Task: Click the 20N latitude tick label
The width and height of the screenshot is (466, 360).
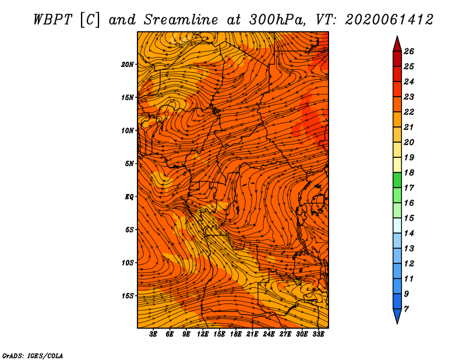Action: point(128,65)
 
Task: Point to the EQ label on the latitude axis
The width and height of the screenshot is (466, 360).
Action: point(129,197)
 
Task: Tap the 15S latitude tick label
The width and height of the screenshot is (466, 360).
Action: point(128,296)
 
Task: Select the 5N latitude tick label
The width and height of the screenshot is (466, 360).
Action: point(129,164)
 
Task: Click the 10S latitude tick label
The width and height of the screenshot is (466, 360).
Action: point(128,263)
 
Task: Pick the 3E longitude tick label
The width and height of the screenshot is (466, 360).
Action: point(153,334)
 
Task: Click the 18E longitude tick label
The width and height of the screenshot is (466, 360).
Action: point(236,334)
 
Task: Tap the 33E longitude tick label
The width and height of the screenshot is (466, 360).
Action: point(318,334)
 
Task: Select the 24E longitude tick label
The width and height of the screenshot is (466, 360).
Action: point(269,334)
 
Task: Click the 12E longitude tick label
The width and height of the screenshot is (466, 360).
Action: point(203,334)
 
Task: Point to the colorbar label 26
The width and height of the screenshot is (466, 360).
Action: point(409,51)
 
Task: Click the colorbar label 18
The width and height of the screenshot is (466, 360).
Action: point(409,172)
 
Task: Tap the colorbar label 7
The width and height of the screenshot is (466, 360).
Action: point(406,309)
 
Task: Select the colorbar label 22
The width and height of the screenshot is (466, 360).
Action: point(409,112)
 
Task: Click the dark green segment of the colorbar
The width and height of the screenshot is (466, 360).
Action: point(397,180)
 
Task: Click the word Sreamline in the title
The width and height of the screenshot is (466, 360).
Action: point(181,20)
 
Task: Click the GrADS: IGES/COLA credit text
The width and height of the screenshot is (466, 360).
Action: point(33,356)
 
